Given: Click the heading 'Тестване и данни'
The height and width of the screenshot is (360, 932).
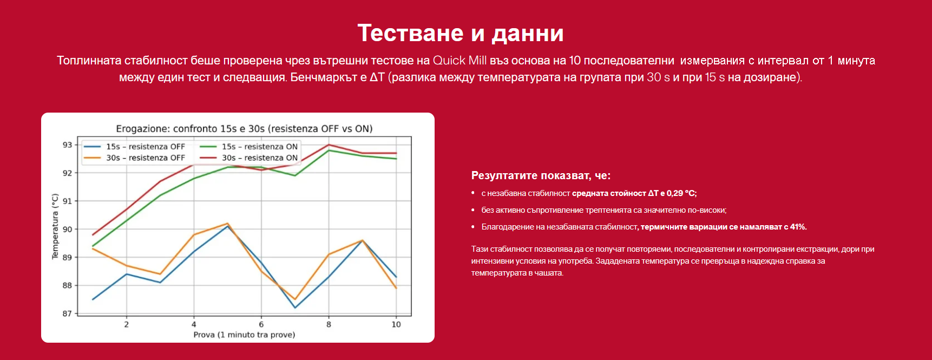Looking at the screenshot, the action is [x=461, y=33].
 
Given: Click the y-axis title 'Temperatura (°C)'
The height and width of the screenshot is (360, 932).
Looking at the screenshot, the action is [x=55, y=226].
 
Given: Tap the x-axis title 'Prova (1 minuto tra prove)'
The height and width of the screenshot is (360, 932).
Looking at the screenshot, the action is [x=244, y=335].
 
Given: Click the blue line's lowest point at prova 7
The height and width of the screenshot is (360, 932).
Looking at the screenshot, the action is [x=295, y=308].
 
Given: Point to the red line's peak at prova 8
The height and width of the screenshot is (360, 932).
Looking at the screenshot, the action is [x=329, y=145].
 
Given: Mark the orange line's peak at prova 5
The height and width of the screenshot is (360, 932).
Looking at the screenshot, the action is [x=227, y=223].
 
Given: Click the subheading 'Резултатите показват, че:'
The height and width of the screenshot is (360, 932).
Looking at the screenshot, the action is [x=541, y=175].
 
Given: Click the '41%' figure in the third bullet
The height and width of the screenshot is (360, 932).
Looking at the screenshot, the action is [x=798, y=227].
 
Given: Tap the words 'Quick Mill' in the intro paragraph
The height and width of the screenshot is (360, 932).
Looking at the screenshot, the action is [x=460, y=61].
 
